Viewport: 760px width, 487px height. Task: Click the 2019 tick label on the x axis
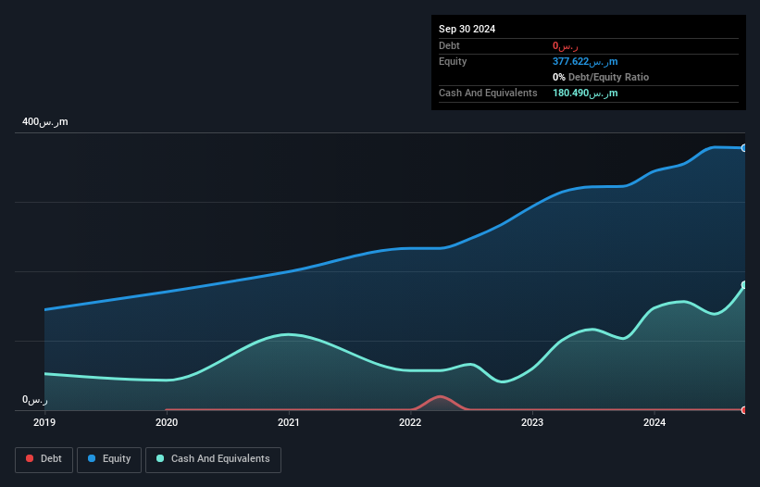44,423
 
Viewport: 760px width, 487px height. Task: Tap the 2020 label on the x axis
167,423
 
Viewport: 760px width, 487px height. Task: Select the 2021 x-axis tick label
289,423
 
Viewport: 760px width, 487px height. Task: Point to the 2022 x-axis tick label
410,423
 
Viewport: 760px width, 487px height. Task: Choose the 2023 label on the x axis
532,423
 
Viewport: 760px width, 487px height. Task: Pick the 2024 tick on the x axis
654,423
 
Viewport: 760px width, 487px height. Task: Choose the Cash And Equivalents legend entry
213,459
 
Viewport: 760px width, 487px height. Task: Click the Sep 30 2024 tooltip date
467,29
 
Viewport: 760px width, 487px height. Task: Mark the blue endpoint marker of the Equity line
743,148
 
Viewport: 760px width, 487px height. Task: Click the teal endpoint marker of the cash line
743,285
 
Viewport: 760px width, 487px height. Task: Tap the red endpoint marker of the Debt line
743,409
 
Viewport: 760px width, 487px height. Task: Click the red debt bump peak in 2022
441,396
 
